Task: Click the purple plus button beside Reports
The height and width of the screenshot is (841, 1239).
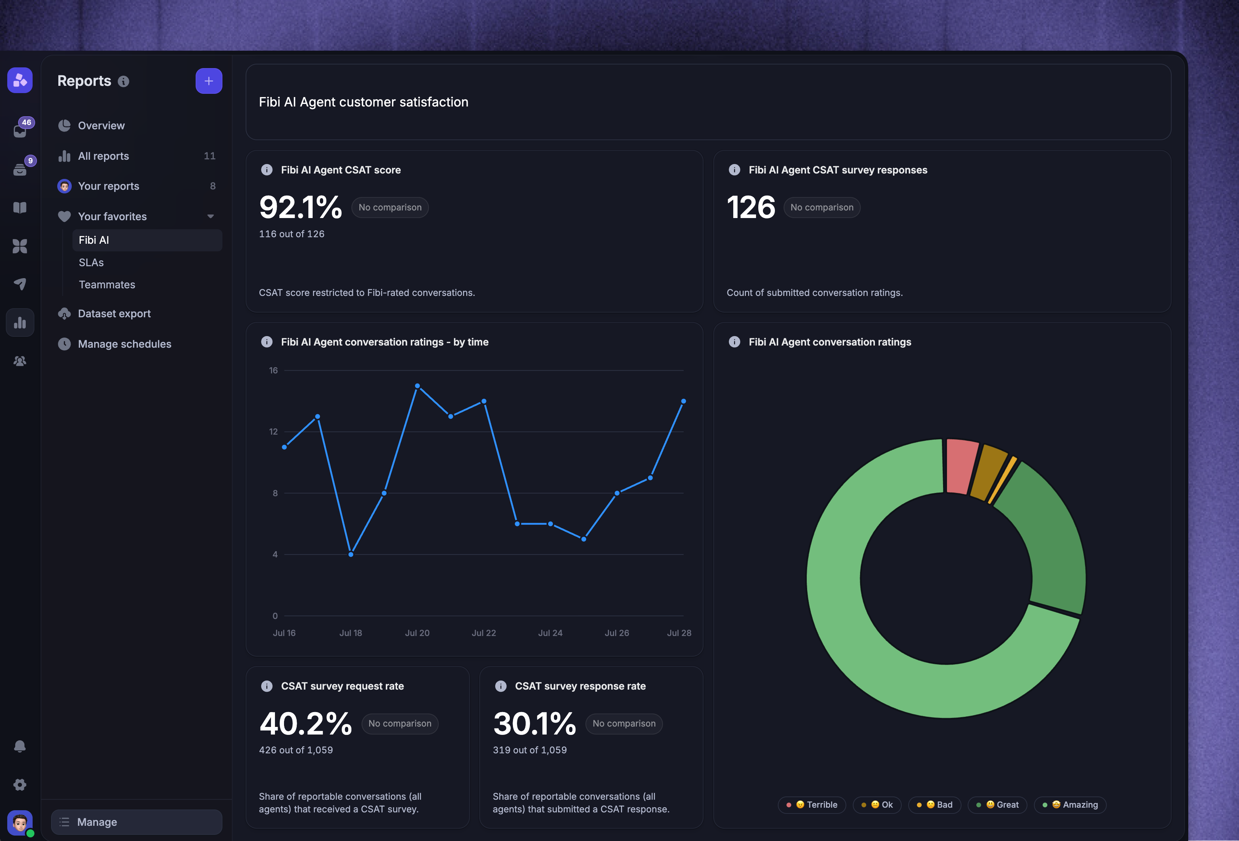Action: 208,81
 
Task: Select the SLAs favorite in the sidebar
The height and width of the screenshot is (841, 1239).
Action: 91,263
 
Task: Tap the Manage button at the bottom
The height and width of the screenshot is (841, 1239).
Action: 137,822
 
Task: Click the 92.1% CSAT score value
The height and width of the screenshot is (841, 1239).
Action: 300,207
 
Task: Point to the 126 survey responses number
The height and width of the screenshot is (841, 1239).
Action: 751,207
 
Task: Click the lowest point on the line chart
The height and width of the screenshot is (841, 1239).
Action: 351,554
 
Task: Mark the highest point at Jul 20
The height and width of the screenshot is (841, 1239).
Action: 417,386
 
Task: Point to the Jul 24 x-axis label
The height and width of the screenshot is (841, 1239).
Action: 550,633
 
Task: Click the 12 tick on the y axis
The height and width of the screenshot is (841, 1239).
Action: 274,432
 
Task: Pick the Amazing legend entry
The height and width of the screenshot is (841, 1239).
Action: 1071,805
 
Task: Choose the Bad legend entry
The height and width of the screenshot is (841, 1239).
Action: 935,805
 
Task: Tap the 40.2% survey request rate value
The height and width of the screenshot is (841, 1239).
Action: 305,724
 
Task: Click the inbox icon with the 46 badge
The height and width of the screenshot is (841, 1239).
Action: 21,130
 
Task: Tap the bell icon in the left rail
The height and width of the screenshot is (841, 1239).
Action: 20,746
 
